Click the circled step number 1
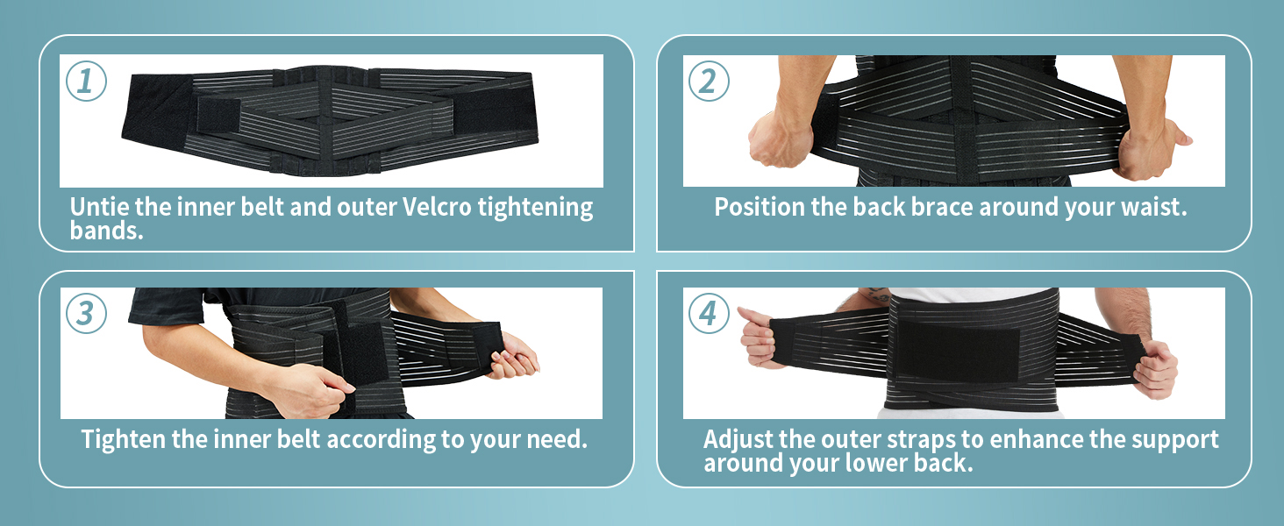[x=86, y=81]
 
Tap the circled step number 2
[x=709, y=81]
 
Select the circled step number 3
[x=86, y=313]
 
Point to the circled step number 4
[x=709, y=313]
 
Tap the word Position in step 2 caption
[x=760, y=208]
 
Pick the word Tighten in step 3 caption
[x=123, y=438]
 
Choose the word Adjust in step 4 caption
[x=738, y=438]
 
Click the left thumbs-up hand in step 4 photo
[x=759, y=338]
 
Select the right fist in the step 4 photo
[x=1156, y=368]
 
